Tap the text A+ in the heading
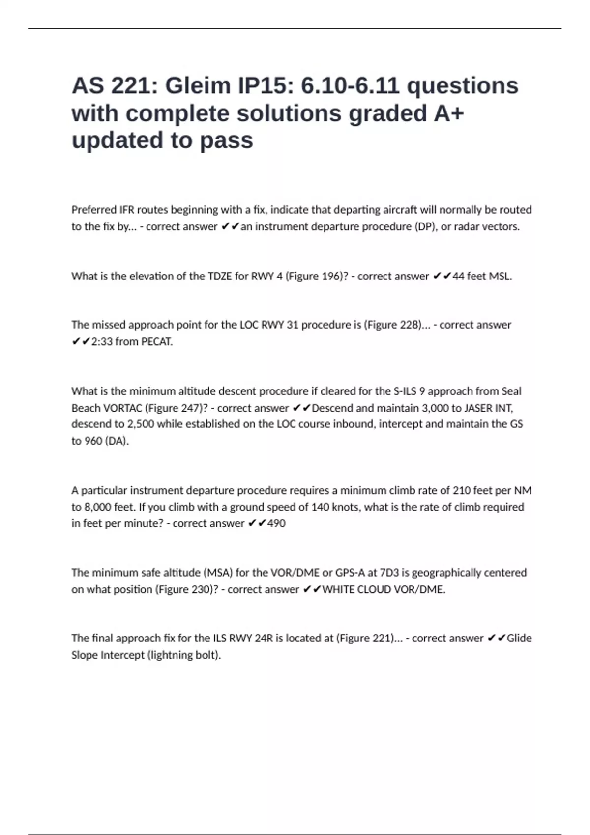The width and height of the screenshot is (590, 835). point(448,113)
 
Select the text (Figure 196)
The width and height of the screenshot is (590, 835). point(317,276)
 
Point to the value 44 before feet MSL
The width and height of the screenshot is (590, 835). point(458,276)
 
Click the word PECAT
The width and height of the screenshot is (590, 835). point(156,342)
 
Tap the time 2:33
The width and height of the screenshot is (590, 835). point(102,342)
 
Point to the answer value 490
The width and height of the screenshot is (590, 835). point(276,523)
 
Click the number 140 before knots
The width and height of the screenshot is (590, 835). point(321,507)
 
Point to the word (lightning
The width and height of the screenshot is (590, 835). point(170,655)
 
